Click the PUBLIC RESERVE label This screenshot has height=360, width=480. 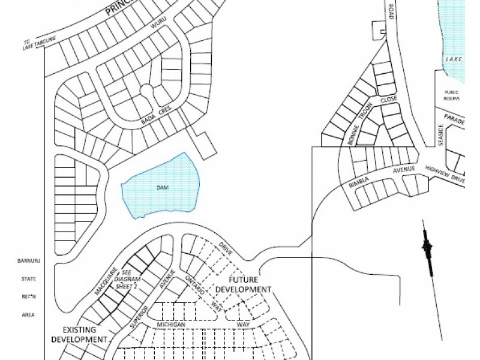click(x=451, y=95)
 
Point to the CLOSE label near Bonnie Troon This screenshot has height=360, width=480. click(x=389, y=100)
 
